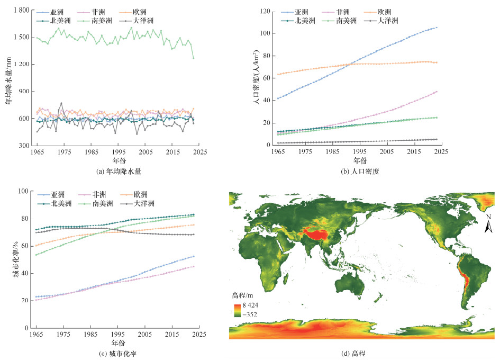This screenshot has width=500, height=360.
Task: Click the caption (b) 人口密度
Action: click(x=362, y=172)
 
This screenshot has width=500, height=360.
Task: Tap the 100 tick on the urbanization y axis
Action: click(x=22, y=191)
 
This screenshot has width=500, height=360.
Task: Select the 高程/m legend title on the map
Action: click(x=242, y=295)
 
